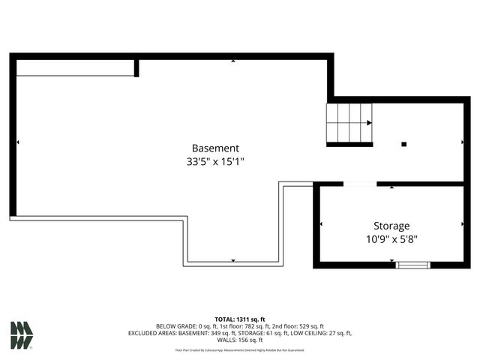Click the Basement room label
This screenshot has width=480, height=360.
(215, 148)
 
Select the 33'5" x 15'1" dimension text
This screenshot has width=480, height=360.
(215, 161)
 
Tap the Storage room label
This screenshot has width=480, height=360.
(391, 226)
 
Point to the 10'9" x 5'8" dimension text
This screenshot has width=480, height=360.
(391, 239)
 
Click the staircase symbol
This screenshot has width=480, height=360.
(349, 123)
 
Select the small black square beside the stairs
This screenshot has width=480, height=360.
(403, 143)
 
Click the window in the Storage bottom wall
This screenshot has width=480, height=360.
(413, 264)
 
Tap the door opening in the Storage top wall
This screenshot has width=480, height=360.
(360, 184)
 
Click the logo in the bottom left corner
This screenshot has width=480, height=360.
(22, 335)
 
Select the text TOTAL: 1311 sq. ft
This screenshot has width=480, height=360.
(239, 319)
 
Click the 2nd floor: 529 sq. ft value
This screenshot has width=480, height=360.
(300, 326)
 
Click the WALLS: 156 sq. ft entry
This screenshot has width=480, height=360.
(239, 340)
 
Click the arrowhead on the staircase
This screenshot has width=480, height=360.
(369, 123)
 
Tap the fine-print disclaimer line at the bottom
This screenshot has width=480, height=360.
(239, 350)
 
